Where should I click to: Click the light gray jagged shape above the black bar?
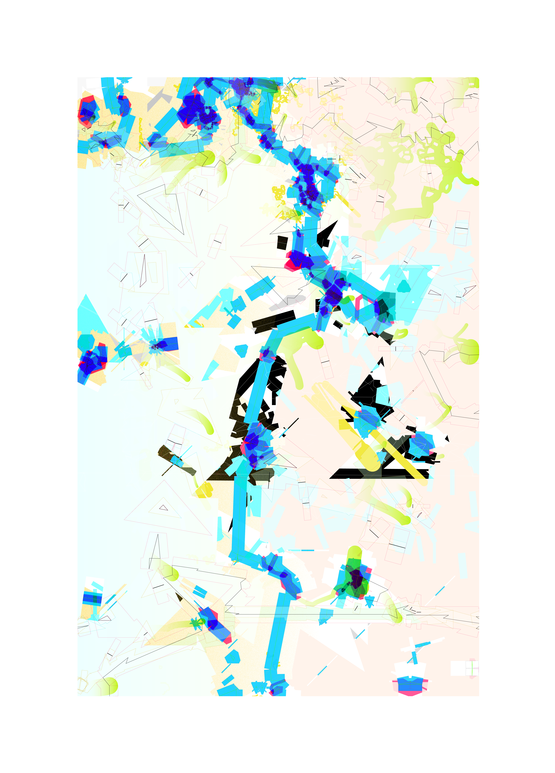pos(288,302)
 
